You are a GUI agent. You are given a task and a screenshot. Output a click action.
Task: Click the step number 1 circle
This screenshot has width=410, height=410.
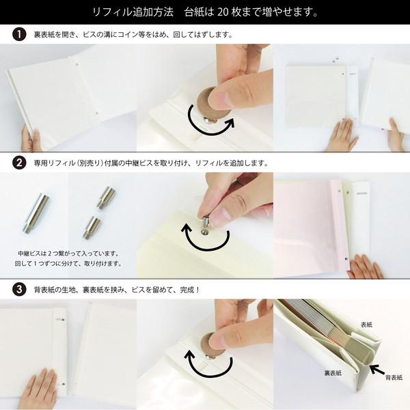(19, 33)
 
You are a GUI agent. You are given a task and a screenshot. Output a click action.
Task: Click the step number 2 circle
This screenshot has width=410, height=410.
(19, 163)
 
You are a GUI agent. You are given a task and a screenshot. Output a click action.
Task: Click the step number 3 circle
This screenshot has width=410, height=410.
(19, 289)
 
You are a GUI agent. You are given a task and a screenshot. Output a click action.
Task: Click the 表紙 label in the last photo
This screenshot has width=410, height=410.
(367, 325)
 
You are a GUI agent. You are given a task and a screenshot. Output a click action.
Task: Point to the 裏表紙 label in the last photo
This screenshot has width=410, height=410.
(333, 373)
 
